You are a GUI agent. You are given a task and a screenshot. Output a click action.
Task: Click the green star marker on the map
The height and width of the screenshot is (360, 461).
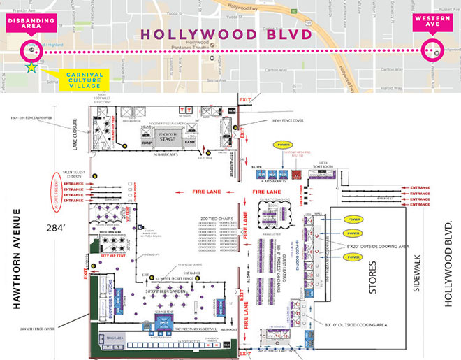click(30, 68)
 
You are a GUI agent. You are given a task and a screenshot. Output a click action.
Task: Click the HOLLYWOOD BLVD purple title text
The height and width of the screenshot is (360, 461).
click(230, 33)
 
